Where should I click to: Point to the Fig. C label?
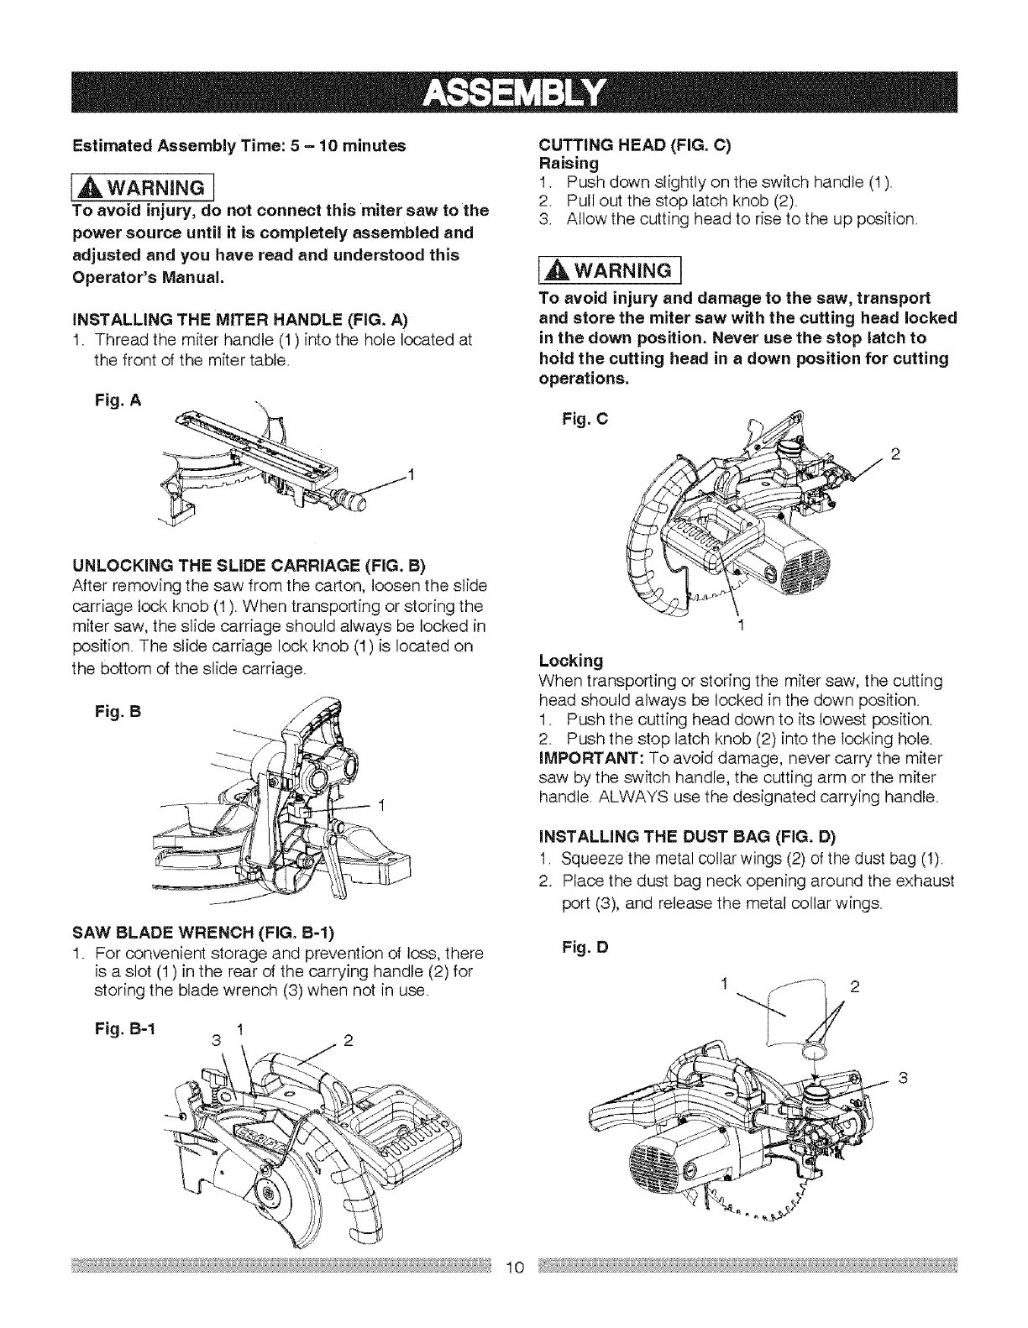tap(580, 417)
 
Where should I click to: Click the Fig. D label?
tap(580, 949)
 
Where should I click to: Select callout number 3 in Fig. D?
tap(904, 1077)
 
